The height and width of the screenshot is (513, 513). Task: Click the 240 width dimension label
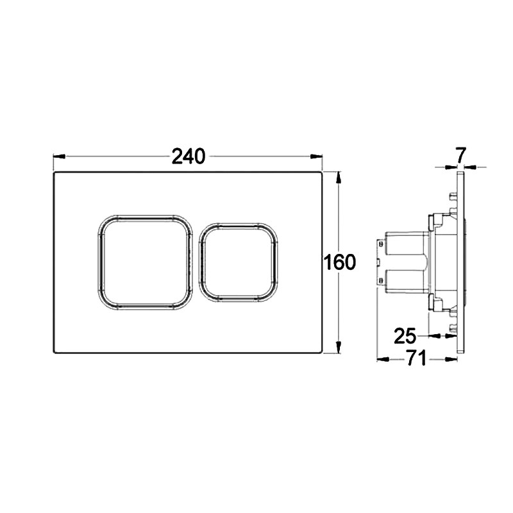[x=188, y=156]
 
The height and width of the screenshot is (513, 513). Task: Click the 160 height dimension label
[x=339, y=262]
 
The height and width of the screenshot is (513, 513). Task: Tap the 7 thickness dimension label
[x=460, y=155]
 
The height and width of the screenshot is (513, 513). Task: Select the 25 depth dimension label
[x=405, y=335]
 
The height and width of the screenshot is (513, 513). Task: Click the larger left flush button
[x=146, y=262]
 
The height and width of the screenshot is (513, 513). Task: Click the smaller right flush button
[x=238, y=262]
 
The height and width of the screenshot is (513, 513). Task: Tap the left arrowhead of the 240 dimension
[x=60, y=156]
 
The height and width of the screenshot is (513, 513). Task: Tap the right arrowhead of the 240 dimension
[x=316, y=156]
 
